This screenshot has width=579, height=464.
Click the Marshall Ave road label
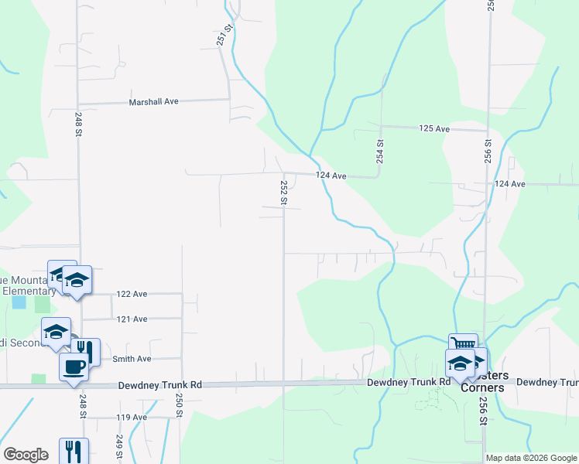pos(154,101)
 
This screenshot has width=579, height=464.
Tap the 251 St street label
pos(225,35)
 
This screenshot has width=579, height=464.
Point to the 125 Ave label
pos(434,128)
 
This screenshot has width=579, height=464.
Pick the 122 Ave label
pos(132,294)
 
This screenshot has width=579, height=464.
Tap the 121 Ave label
pos(132,319)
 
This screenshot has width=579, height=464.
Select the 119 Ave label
pos(132,418)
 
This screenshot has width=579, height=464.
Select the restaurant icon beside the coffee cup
pos(86,350)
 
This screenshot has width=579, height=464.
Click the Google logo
pos(26,455)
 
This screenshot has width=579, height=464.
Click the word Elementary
pos(29,291)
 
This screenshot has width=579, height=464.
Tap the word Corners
pos(482,387)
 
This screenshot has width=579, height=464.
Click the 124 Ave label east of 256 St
pos(509,184)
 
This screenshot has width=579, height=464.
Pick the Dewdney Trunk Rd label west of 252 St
pos(160,384)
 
